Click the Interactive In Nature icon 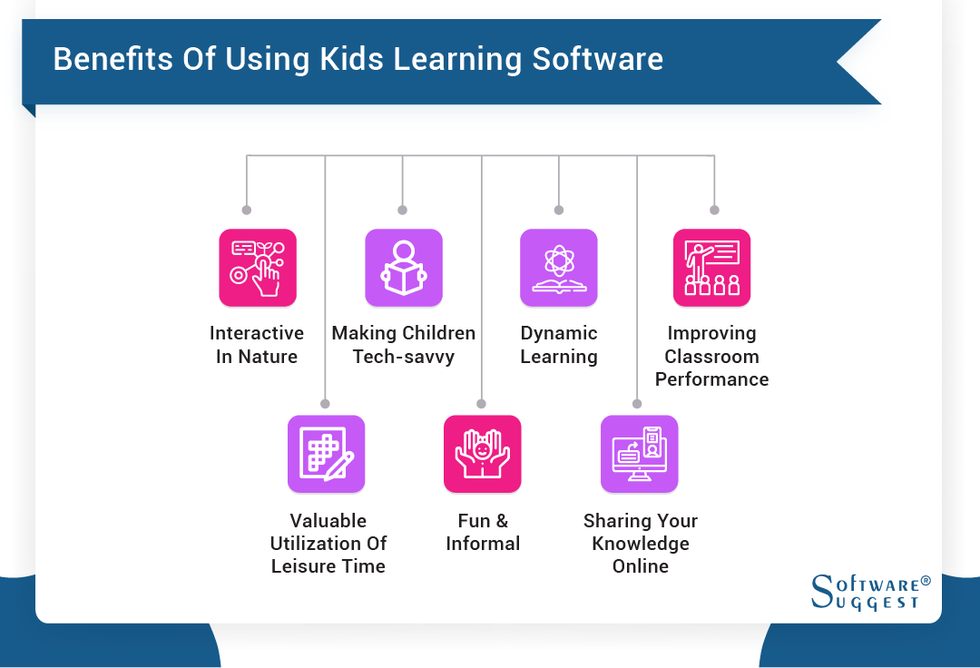click(258, 268)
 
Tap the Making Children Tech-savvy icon click(403, 268)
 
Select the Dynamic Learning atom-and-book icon click(558, 268)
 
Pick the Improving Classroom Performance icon click(711, 268)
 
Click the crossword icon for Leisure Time click(326, 454)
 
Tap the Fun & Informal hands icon click(482, 454)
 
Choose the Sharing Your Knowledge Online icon click(639, 454)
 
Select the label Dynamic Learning click(559, 345)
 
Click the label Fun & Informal click(483, 532)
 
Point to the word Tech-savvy click(404, 357)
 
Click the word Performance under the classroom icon click(711, 379)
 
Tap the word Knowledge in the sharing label click(641, 544)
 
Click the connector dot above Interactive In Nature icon click(246, 210)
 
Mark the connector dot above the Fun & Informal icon click(482, 403)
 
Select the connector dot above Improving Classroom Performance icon click(714, 210)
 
